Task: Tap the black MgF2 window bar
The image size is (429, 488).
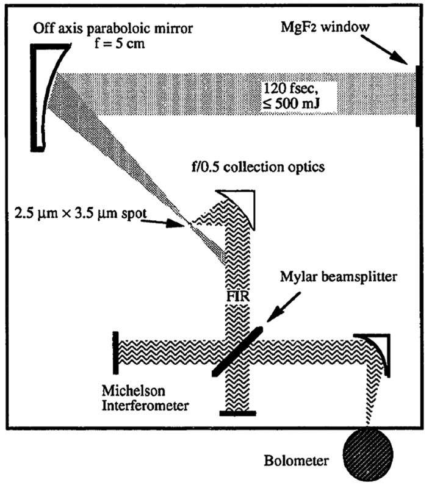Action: point(417,95)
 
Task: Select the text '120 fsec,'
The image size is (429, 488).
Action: point(290,88)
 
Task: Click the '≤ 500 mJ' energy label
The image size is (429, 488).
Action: point(290,103)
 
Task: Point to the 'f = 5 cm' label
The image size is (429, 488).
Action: point(120,43)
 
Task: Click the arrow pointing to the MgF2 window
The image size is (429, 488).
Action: point(385,49)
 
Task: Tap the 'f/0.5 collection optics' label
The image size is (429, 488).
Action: point(258,167)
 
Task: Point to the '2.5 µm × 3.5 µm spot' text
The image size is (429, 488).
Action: point(81,214)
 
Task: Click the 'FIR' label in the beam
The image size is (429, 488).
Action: point(237,296)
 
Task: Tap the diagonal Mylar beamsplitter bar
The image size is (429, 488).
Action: point(237,351)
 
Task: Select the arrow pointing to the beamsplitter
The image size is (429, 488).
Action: point(283,307)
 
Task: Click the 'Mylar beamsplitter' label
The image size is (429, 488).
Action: point(339,277)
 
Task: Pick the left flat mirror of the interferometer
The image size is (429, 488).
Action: point(116,353)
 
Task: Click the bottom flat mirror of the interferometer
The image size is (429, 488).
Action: point(237,414)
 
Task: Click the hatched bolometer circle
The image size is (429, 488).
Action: point(367,454)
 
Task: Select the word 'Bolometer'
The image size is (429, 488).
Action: point(296,461)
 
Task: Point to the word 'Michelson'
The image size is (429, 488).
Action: point(134,390)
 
